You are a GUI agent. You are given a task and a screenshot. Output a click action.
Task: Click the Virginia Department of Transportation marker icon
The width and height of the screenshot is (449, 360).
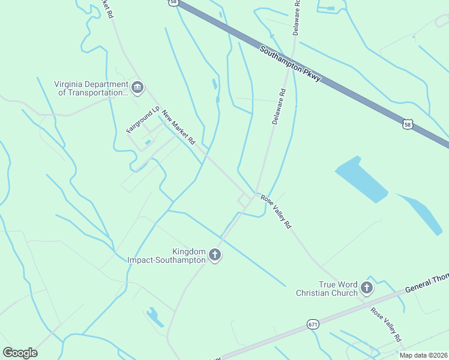coord(137,89)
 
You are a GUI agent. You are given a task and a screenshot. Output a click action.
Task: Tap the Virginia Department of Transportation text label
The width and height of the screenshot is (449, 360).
coord(92,89)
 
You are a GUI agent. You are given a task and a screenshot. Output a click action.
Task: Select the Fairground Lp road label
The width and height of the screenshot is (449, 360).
coord(142,120)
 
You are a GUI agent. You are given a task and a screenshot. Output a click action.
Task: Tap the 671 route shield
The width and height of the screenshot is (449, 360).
coord(313,324)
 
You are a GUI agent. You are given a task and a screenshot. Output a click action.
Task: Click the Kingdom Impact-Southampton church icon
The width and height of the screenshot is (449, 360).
coord(215,256)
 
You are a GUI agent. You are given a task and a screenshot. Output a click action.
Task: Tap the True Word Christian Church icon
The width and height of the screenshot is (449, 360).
coord(367,288)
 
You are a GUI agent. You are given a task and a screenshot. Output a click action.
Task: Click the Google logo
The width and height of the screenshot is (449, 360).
coord(20,353)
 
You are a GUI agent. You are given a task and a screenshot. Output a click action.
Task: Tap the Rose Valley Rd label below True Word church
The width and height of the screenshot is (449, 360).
coord(385,325)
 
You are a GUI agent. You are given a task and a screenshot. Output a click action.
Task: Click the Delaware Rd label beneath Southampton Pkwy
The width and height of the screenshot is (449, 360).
coord(279,106)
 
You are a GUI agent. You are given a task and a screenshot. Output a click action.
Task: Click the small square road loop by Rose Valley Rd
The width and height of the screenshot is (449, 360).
coord(244,200)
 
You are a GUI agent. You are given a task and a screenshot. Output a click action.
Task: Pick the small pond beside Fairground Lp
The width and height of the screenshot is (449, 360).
coord(148,142)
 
